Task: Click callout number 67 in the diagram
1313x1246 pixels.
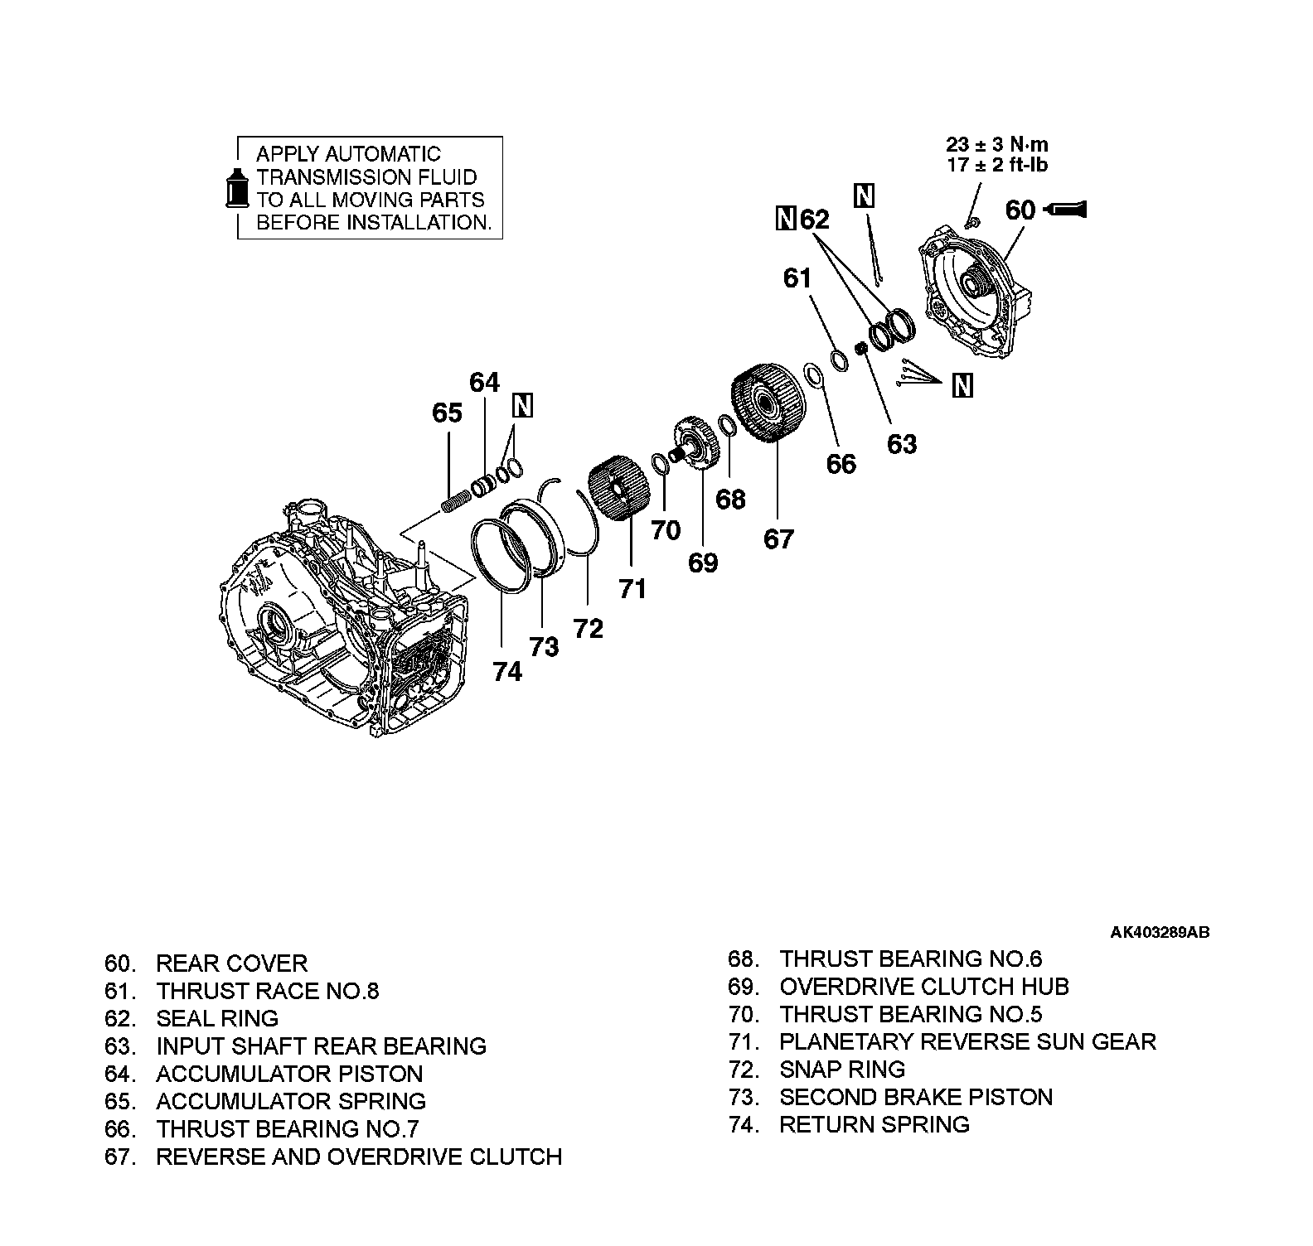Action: tap(778, 539)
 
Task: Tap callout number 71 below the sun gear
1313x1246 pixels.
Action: tap(632, 589)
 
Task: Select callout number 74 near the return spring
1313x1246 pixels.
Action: tap(507, 671)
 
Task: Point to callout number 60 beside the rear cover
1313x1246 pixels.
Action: tap(1020, 210)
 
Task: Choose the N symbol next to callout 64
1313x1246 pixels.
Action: tap(523, 405)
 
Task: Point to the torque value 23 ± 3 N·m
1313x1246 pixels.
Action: tap(997, 145)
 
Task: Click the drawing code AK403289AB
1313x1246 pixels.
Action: tap(1160, 932)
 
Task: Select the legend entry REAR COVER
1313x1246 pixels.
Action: tap(231, 963)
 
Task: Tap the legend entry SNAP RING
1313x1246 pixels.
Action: tap(842, 1069)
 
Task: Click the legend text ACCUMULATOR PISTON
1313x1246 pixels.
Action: tap(289, 1074)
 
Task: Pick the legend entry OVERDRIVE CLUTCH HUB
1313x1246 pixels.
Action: tap(924, 987)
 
